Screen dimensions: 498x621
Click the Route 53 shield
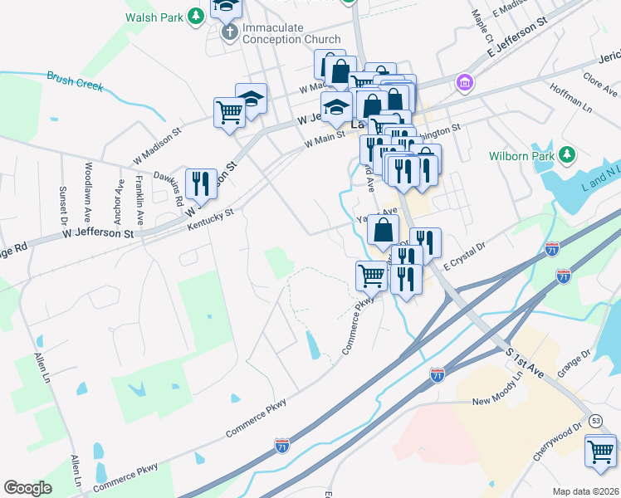pyautogui.click(x=596, y=422)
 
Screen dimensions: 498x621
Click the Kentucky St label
pyautogui.click(x=211, y=221)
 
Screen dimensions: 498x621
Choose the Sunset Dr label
pyautogui.click(x=62, y=207)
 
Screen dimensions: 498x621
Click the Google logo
pyautogui.click(x=28, y=488)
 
